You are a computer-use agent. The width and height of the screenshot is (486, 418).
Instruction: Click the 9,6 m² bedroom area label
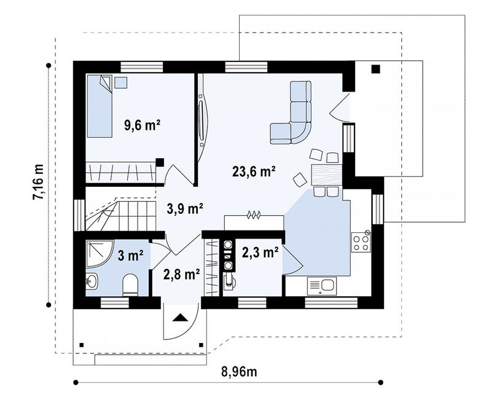pos(143,125)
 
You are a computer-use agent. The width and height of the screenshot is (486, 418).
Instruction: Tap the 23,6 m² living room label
pos(254,171)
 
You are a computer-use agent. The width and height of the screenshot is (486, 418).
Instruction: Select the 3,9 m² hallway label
pos(185,208)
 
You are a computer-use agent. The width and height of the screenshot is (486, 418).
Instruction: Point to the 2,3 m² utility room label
pos(260,253)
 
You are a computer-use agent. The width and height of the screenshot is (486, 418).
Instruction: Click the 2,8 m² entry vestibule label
pos(182,274)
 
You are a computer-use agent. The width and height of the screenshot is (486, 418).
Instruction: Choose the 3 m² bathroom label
pos(130,256)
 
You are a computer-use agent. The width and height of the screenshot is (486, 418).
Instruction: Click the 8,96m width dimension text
pos(239,371)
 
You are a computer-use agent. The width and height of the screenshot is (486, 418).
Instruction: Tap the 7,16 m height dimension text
pos(39,182)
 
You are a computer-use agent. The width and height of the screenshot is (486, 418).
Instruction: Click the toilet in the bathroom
pos(130,285)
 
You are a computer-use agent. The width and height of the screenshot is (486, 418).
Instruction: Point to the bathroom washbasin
pos(92,282)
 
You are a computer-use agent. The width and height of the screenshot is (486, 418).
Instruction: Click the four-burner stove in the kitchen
pos(361,242)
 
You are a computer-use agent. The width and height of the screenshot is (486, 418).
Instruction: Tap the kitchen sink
pos(322,286)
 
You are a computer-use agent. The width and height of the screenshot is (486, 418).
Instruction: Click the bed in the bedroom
pos(99,106)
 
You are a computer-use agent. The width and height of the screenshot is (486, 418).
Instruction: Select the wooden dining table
pos(326,175)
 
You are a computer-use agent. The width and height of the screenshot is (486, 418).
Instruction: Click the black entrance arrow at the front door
pos(181,318)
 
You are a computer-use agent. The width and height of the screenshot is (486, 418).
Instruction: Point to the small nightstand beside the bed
pos(120,82)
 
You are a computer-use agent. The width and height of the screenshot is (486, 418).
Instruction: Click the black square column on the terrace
pos(375,69)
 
